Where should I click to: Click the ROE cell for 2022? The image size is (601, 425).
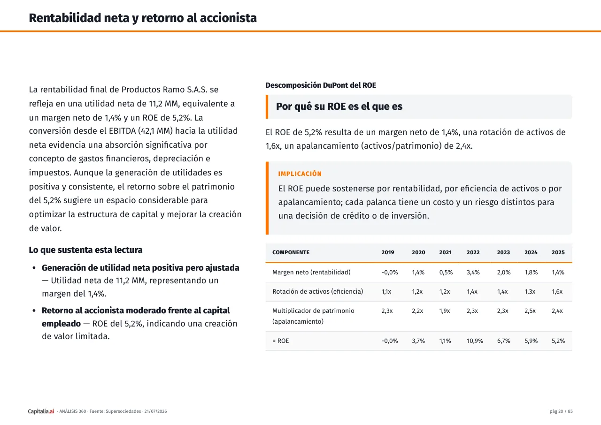[475, 341]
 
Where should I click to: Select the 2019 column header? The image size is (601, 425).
[388, 252]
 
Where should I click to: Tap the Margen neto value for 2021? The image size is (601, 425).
[446, 272]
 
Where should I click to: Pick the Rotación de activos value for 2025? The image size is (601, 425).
[557, 292]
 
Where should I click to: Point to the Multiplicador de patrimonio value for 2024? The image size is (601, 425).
[530, 311]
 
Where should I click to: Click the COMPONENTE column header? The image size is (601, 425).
[291, 252]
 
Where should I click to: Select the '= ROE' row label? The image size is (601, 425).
[280, 341]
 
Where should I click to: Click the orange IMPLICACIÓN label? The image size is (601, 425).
[300, 174]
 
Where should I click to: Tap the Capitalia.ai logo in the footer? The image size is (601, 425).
[41, 411]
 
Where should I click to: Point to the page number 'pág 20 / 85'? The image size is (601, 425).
[561, 411]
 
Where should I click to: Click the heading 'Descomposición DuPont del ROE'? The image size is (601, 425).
[321, 85]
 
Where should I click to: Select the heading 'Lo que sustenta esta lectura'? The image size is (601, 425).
[85, 250]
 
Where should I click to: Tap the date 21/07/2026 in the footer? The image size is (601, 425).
[155, 411]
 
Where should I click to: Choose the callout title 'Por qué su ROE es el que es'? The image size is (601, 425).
[339, 106]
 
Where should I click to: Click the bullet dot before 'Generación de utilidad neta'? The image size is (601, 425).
[34, 268]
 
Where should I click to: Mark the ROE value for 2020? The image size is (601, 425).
[418, 341]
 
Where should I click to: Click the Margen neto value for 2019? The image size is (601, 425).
[390, 272]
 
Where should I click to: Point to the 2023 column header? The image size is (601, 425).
[503, 252]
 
